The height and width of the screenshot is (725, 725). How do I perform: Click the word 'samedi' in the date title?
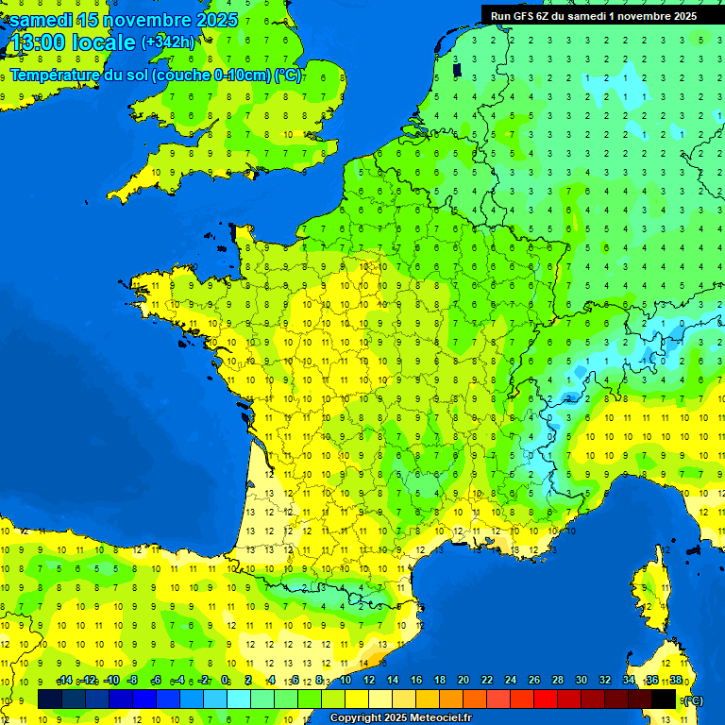point(42,20)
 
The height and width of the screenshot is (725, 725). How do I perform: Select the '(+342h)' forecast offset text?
point(168,42)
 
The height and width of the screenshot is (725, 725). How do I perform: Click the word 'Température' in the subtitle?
point(56,76)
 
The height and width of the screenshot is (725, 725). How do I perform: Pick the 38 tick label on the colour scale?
point(675,680)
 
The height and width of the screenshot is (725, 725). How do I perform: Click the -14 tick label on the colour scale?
point(64,680)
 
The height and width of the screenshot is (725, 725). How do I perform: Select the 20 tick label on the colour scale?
point(463,680)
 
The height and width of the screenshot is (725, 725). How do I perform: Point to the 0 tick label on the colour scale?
point(225,680)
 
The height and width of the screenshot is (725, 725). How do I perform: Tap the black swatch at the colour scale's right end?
point(664,699)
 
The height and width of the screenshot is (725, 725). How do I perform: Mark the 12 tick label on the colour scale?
point(368,680)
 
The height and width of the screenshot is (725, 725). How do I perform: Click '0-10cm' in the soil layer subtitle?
point(242,76)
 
